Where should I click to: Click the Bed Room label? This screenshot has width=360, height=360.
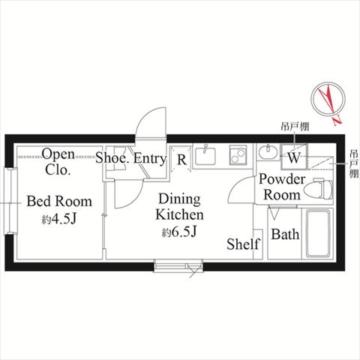pyautogui.click(x=59, y=202)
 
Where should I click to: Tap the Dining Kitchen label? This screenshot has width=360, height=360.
pyautogui.click(x=179, y=207)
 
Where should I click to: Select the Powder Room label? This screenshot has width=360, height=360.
pyautogui.click(x=282, y=187)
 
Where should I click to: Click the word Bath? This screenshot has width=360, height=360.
pyautogui.click(x=285, y=234)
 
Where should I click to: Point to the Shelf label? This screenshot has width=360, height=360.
pyautogui.click(x=243, y=244)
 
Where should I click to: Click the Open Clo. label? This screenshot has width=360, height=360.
pyautogui.click(x=58, y=162)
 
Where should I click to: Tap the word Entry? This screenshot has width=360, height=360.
pyautogui.click(x=150, y=158)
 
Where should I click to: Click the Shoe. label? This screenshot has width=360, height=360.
pyautogui.click(x=112, y=158)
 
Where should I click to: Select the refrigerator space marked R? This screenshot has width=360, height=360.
pyautogui.click(x=181, y=159)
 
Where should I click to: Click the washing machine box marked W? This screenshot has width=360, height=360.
pyautogui.click(x=294, y=157)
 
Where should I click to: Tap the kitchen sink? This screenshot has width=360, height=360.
pyautogui.click(x=205, y=155)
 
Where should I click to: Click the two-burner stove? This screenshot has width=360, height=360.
pyautogui.click(x=238, y=155)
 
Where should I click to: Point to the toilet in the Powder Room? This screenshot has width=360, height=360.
pyautogui.click(x=319, y=189)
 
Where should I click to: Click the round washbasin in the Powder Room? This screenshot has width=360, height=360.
pyautogui.click(x=268, y=151)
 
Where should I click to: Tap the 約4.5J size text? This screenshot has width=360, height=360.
pyautogui.click(x=59, y=219)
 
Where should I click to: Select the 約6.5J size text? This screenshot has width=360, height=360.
pyautogui.click(x=179, y=232)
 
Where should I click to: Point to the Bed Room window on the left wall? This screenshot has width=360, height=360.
pyautogui.click(x=10, y=201)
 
